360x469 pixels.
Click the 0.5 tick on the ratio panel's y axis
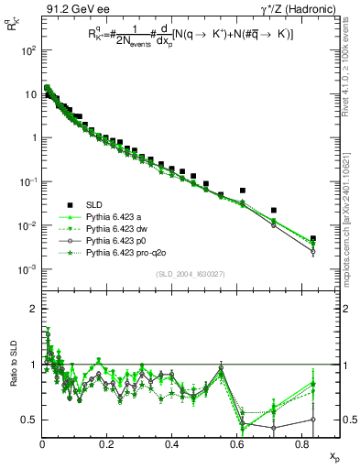point(27,420)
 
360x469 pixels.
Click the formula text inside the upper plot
point(191,55)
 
